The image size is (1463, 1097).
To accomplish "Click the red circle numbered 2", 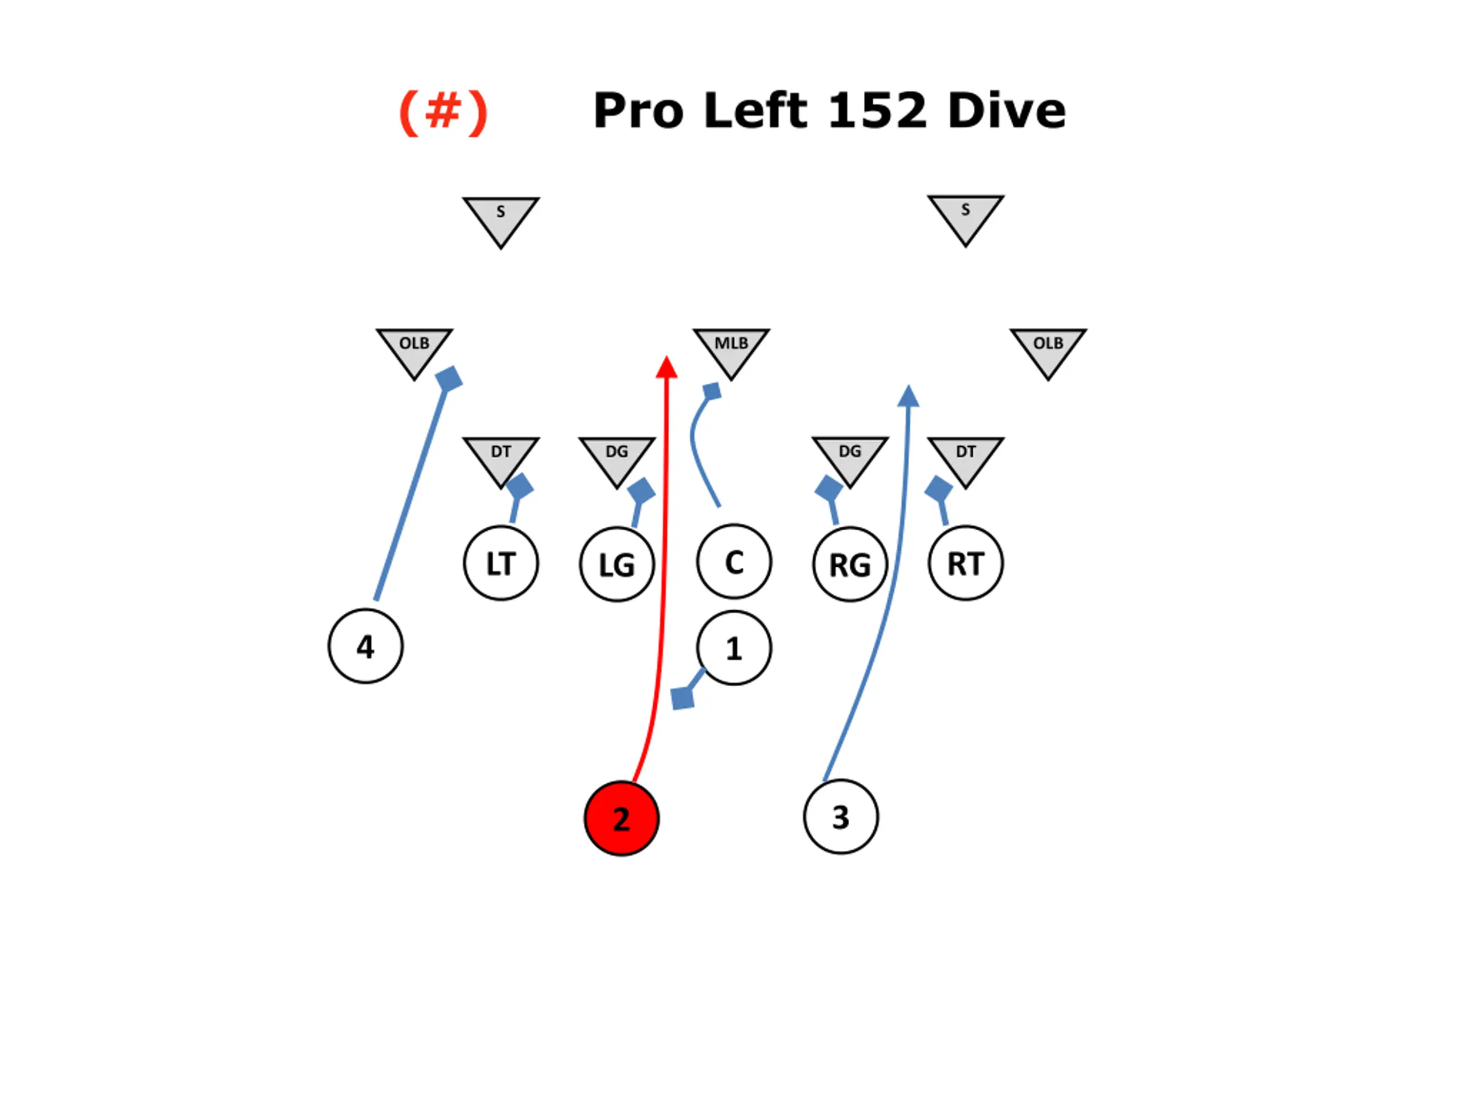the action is (621, 818).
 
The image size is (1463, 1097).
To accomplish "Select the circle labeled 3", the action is (840, 816).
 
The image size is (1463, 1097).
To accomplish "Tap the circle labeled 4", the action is (365, 646).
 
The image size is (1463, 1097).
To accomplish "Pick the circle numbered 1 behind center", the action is (733, 647).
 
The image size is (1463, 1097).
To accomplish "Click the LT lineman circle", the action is (501, 563).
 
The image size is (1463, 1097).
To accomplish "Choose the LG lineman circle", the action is (617, 564).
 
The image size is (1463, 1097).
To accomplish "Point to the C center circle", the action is (733, 562).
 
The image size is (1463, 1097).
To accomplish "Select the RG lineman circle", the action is (849, 564).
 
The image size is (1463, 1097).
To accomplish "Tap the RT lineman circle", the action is (965, 563).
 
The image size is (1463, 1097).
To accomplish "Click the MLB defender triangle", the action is (731, 349).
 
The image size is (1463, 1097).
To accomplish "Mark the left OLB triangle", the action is (414, 349).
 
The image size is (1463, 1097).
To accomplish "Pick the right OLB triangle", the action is (1048, 349).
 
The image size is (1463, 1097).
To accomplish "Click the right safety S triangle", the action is (965, 215).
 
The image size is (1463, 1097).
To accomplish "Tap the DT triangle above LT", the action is (501, 457).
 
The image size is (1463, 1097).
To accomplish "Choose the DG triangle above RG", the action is (849, 457).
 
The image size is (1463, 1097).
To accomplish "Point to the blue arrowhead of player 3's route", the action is (908, 396).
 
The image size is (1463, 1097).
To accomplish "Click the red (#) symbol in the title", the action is (442, 113).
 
